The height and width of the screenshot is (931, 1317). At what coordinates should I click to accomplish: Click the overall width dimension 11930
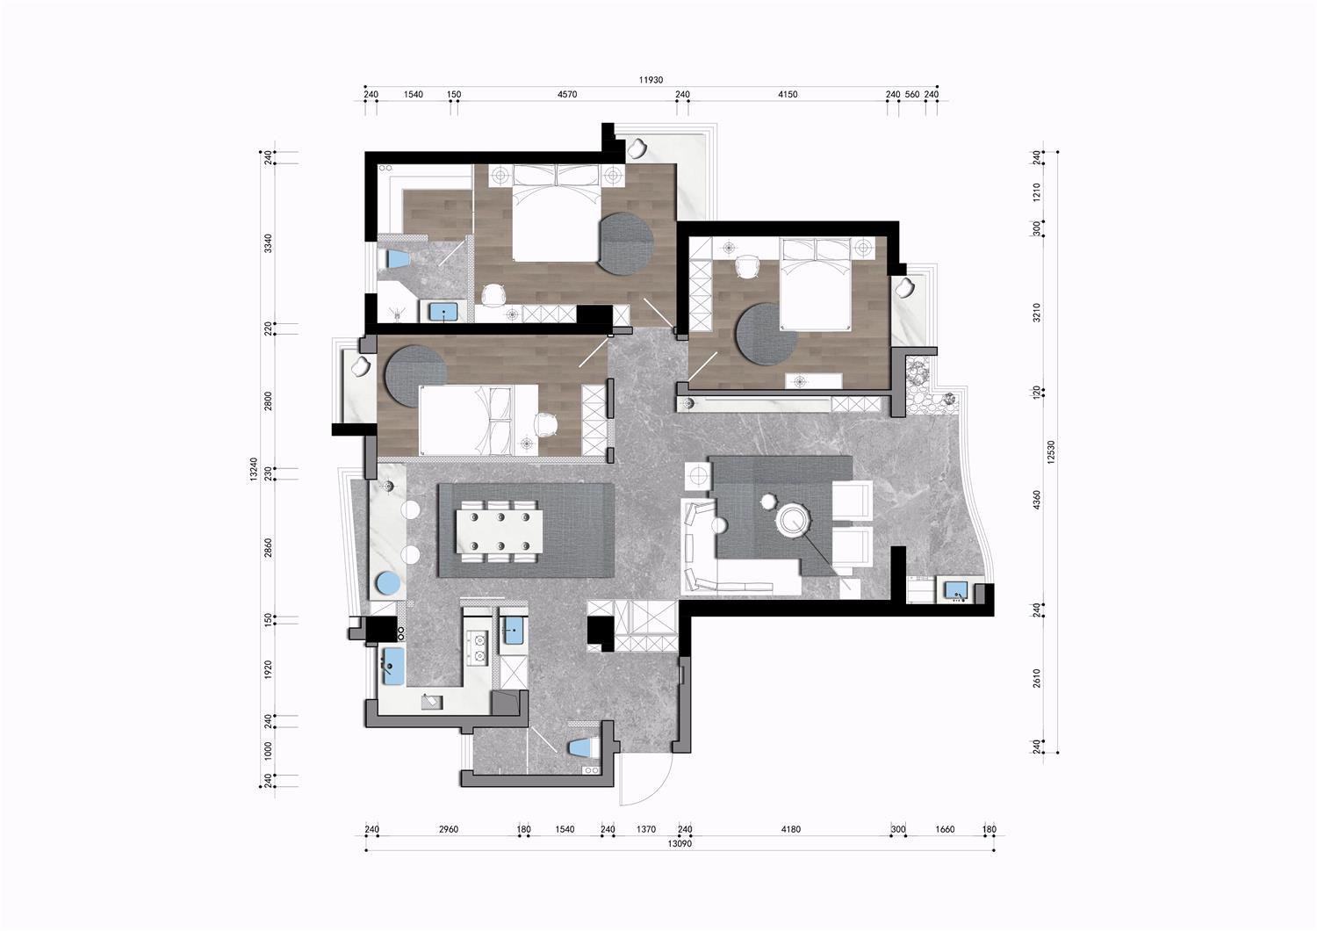[651, 80]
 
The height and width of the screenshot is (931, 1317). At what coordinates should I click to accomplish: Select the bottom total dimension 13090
[680, 843]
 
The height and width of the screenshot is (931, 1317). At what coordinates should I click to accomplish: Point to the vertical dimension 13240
[254, 469]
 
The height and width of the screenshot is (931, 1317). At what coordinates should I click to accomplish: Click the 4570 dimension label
[567, 94]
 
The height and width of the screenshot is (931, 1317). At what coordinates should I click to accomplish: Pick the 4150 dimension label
[788, 94]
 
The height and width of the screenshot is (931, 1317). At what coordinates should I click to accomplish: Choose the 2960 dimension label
[449, 829]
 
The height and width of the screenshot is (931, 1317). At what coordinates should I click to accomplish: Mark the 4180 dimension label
[791, 829]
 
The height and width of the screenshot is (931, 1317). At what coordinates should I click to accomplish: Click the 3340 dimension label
[268, 243]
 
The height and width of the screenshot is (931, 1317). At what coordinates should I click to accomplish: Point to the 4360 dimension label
[1037, 500]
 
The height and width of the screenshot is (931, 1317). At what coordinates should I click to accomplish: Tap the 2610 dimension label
[1037, 678]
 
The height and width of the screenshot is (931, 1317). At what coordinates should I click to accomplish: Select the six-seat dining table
[500, 531]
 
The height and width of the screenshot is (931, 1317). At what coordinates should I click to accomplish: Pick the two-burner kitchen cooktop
[478, 647]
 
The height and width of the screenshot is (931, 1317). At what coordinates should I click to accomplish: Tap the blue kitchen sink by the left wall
[394, 667]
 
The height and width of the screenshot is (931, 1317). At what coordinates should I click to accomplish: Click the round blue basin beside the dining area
[389, 583]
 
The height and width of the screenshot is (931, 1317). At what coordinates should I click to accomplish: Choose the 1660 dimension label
[945, 829]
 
